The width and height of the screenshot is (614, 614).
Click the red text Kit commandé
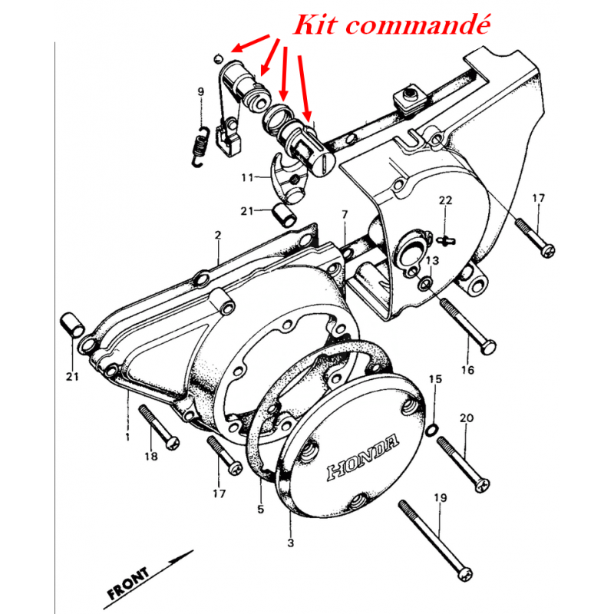(x=391, y=25)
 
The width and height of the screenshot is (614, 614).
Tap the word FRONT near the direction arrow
(x=128, y=583)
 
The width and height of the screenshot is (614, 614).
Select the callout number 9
(x=200, y=91)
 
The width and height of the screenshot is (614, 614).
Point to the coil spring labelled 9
(x=200, y=147)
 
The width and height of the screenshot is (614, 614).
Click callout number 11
(x=247, y=178)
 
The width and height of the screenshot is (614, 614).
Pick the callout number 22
(x=445, y=200)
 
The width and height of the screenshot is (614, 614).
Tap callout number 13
(x=432, y=260)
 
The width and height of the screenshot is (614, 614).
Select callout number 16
(x=467, y=370)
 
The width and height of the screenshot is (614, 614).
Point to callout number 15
(x=435, y=378)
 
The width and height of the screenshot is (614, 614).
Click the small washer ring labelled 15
(x=431, y=430)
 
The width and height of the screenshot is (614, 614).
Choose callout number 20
(x=467, y=418)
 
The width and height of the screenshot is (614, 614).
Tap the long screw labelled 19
(x=434, y=541)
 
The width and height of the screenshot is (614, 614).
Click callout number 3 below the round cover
(x=290, y=543)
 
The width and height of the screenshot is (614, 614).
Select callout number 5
(x=261, y=509)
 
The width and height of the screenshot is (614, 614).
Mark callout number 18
(x=150, y=456)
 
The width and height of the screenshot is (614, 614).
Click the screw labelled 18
(x=160, y=427)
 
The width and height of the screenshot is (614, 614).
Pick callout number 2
(x=218, y=235)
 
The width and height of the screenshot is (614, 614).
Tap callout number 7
(x=345, y=215)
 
